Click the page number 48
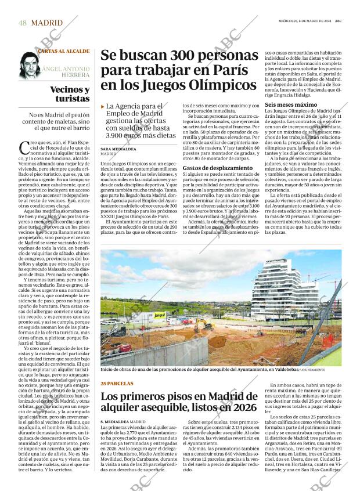[22, 23]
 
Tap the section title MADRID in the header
[48, 23]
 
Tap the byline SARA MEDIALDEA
[119, 149]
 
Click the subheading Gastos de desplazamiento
[209, 168]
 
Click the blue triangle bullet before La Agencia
[103, 107]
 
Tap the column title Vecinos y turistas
[70, 94]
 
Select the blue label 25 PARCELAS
[117, 384]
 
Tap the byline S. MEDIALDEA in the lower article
[114, 421]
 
